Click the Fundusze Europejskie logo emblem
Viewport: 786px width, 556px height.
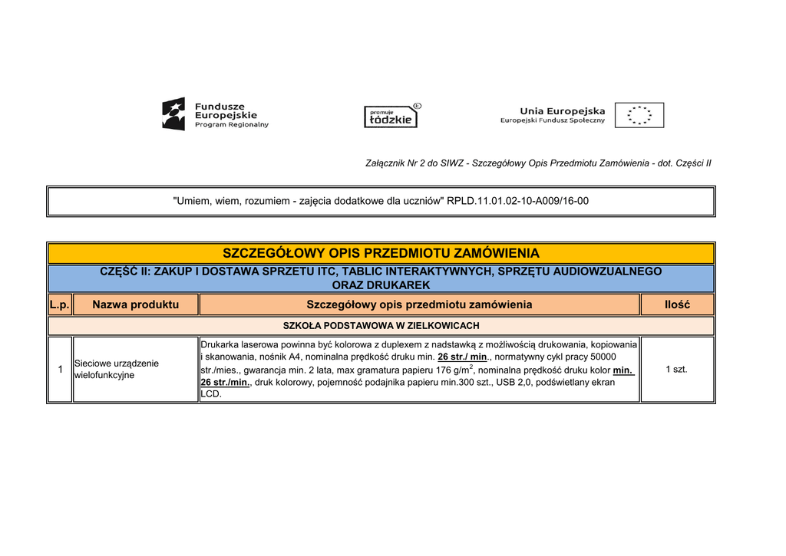coord(173,114)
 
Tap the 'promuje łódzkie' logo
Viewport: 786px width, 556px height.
coord(391,116)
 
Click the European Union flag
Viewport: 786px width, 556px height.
coord(639,115)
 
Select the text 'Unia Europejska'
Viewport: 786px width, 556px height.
coord(562,110)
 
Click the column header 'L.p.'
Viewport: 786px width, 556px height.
coord(60,304)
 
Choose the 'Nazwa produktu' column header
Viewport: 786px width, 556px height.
coord(135,304)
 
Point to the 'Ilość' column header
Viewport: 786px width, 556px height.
coord(677,304)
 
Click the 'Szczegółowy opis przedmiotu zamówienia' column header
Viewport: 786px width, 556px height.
coord(419,304)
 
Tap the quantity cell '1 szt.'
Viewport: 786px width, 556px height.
coord(677,370)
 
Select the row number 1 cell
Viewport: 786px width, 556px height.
coord(60,370)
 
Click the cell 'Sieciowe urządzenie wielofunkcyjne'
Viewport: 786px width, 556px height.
coord(116,369)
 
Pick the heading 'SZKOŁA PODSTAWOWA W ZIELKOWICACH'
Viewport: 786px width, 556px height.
coord(381,326)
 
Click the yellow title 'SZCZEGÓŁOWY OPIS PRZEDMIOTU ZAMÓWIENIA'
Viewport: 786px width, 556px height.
coord(381,253)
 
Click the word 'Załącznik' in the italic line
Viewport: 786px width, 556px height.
coord(384,163)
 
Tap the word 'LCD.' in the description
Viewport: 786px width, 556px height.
coord(211,394)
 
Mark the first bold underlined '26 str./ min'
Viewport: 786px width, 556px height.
coord(463,357)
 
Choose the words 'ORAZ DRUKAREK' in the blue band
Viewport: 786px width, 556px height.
coord(381,285)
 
